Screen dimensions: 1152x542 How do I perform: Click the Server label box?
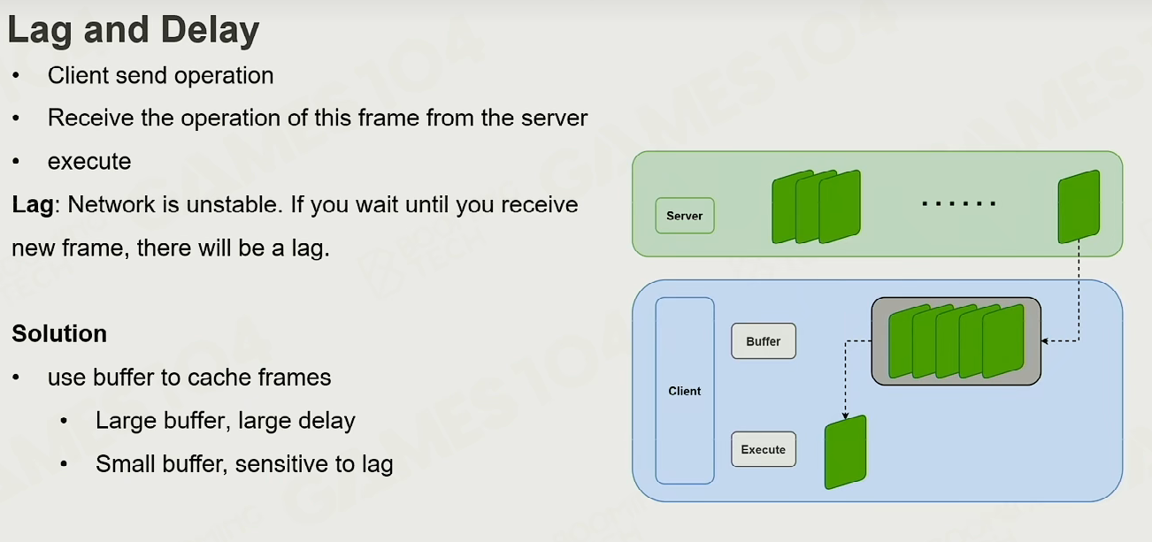tap(685, 216)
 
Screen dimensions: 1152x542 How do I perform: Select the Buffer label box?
tap(764, 341)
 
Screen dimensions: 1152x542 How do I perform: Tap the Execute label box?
tap(764, 449)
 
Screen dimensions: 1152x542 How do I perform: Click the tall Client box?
tap(685, 391)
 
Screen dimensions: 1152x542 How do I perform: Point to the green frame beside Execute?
tap(846, 452)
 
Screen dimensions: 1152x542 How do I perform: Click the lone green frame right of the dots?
tap(1079, 207)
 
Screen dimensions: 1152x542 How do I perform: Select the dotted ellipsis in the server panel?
tap(959, 204)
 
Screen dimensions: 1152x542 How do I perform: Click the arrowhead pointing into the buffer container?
tap(1045, 340)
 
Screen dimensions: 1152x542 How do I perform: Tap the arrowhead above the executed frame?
tap(845, 416)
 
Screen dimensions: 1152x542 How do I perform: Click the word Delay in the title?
tap(210, 30)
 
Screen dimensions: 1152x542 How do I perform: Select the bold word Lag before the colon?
tap(33, 205)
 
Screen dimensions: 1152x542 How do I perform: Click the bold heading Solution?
tap(59, 334)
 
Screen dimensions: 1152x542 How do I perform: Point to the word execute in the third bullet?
tap(89, 162)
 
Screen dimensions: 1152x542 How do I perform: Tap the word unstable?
tap(234, 204)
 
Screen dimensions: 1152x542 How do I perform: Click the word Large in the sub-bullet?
tap(126, 421)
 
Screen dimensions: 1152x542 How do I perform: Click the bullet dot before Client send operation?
tap(16, 75)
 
